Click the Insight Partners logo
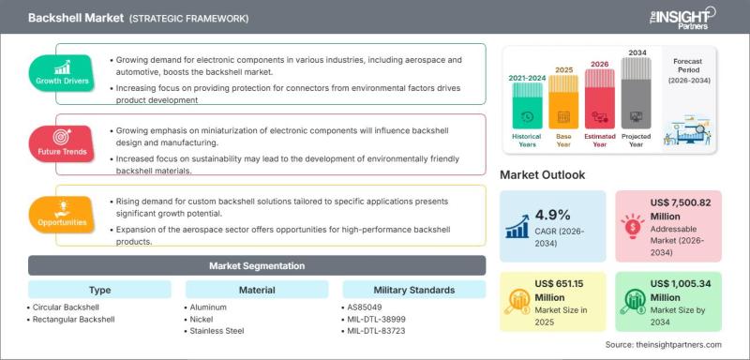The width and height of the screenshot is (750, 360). tap(682, 18)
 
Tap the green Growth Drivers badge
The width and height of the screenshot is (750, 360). tap(61, 72)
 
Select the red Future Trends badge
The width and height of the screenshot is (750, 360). tap(61, 142)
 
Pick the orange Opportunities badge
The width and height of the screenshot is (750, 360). tap(61, 214)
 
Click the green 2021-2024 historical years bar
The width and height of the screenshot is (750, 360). tap(528, 106)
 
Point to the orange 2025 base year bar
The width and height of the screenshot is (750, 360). tap(563, 102)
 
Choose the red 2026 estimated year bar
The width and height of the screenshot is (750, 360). tap(600, 99)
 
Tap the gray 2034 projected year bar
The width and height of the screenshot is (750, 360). tap(637, 93)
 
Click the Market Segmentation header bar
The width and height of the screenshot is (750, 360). tap(257, 265)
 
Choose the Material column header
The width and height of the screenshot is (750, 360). tap(257, 290)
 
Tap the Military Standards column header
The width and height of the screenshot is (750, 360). tap(414, 290)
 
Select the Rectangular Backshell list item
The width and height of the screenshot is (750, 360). tap(73, 319)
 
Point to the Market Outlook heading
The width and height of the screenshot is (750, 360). tap(543, 175)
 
